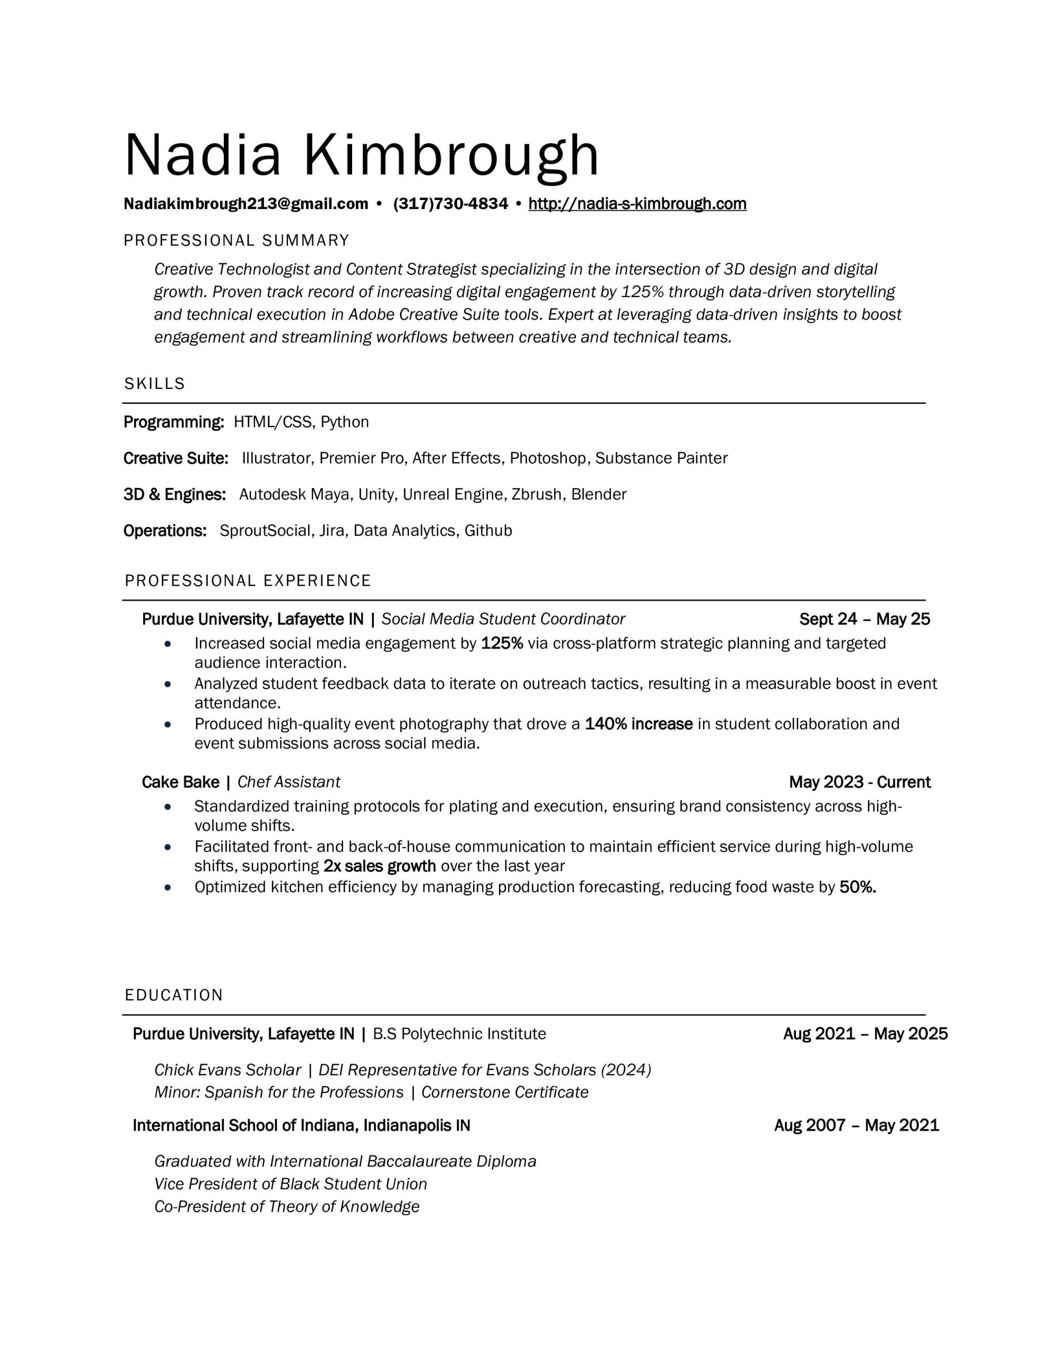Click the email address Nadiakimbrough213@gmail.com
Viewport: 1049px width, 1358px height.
pos(246,204)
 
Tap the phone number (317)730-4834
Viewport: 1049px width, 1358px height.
pos(450,204)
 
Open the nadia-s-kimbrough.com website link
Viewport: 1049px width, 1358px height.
pos(637,204)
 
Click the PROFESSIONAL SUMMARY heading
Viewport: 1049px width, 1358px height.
pos(237,241)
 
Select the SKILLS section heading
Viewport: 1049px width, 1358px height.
pos(154,384)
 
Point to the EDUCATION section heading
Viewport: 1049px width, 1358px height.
pos(173,995)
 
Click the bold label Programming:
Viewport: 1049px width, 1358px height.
pos(173,422)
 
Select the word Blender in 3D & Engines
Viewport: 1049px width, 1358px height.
pos(598,494)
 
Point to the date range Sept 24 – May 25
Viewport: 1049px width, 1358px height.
pos(864,619)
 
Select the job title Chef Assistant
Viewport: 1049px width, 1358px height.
pos(289,782)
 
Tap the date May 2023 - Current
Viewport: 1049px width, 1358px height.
pos(859,782)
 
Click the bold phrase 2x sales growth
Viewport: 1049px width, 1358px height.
pos(379,866)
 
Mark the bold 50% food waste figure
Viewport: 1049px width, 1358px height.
pos(857,887)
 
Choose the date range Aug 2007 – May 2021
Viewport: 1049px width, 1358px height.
pos(856,1126)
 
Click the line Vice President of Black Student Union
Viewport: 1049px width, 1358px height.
pos(291,1184)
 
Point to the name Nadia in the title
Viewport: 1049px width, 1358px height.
pos(203,155)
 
